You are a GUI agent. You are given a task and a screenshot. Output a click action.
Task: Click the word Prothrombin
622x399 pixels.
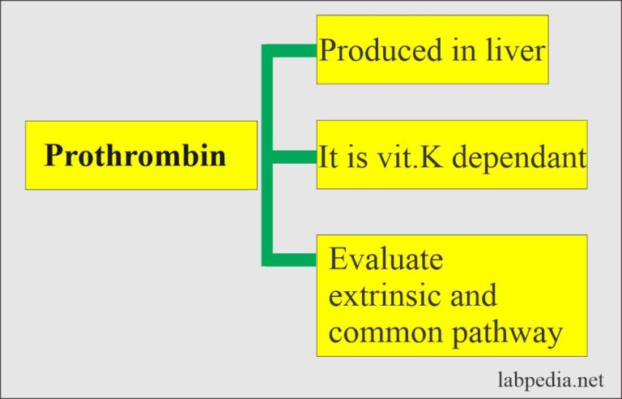[x=135, y=155]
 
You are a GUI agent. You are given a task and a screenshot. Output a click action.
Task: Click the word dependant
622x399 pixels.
[x=519, y=156]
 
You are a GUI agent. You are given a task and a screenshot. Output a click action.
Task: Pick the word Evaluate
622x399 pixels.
[x=386, y=260]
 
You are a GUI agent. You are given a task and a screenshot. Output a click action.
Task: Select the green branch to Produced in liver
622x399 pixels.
[x=292, y=50]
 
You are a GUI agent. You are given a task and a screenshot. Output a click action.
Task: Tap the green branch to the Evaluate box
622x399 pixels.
[x=292, y=260]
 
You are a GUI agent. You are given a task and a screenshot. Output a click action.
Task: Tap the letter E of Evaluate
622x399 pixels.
[x=338, y=260]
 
